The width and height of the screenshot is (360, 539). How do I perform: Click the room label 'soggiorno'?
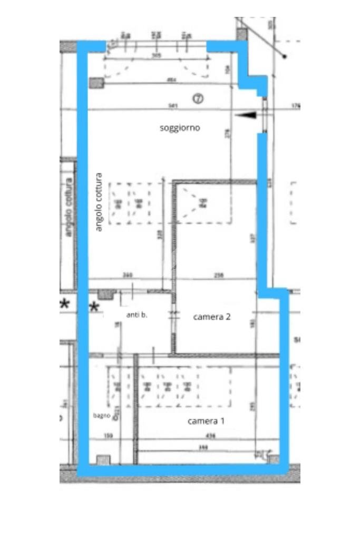tap(180, 128)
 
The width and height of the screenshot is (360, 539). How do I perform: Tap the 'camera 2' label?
tap(212, 317)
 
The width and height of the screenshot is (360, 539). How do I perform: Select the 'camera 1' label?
tap(206, 421)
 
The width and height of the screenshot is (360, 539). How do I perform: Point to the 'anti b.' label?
tap(137, 315)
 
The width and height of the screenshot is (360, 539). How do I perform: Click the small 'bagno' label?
tap(102, 416)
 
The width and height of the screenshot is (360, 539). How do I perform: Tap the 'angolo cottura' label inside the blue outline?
tap(99, 202)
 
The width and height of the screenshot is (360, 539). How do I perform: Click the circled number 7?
tap(198, 98)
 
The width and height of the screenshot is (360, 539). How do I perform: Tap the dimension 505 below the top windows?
tap(156, 55)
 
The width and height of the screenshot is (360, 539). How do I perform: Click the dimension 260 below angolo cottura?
tap(127, 275)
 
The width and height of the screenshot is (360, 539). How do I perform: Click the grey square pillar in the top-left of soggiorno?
tap(96, 83)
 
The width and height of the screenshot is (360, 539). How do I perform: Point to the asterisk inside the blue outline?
tap(95, 307)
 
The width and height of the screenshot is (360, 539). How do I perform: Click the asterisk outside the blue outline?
tap(65, 304)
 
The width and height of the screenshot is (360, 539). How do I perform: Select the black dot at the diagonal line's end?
tap(285, 56)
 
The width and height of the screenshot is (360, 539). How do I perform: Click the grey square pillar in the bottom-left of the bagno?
tap(103, 459)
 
